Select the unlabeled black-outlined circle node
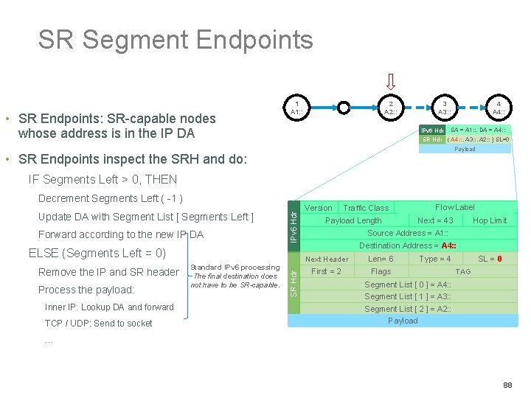point(344,108)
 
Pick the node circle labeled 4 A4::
point(499,108)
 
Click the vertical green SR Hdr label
point(294,283)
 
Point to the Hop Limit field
point(490,220)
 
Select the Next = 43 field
point(435,220)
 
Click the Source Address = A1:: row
point(408,233)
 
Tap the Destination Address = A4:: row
point(408,245)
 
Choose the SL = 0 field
point(490,259)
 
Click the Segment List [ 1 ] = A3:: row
point(408,296)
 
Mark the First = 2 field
point(326,271)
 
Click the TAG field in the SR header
point(462,271)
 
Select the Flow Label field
point(455,208)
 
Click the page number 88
point(508,385)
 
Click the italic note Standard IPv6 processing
point(235,268)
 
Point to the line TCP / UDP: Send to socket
point(98,323)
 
